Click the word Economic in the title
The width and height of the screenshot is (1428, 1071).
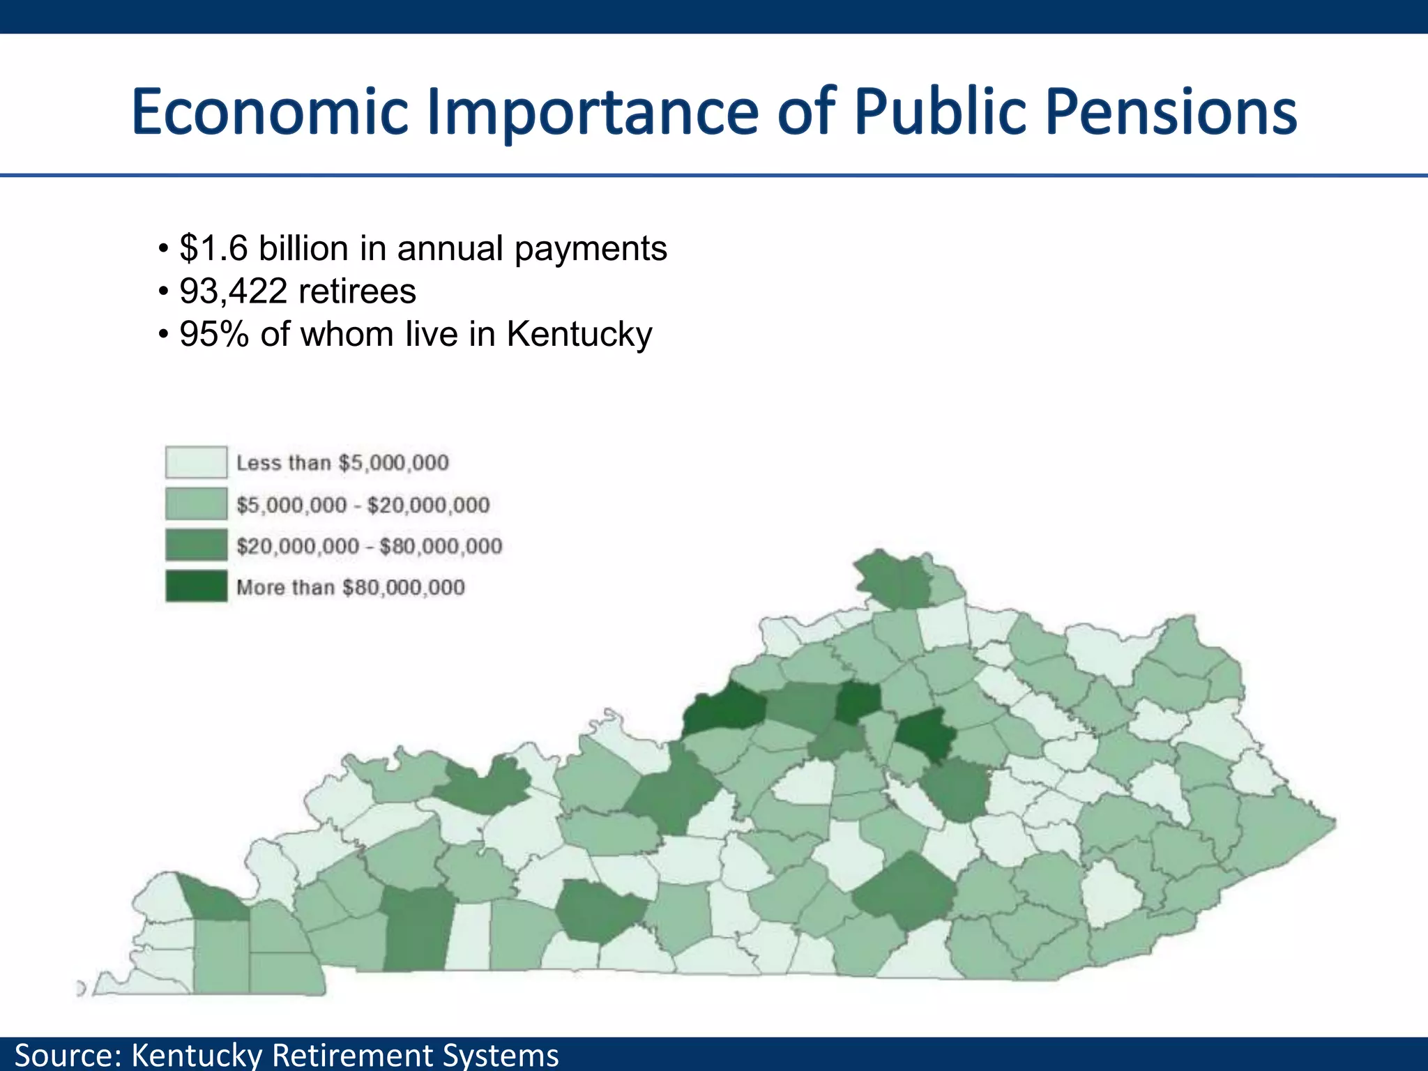(269, 112)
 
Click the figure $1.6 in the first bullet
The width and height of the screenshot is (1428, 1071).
(213, 248)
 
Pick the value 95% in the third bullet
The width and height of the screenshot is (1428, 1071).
(213, 334)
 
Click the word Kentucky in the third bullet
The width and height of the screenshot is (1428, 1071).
(579, 334)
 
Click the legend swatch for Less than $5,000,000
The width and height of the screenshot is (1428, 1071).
(196, 462)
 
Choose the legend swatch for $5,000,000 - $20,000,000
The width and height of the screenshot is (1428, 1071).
(196, 504)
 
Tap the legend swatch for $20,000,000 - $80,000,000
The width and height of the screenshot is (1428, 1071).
(196, 545)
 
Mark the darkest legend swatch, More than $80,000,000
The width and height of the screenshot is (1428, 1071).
(196, 586)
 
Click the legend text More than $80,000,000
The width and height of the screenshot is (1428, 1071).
(350, 587)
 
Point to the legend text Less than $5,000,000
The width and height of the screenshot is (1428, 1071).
(342, 462)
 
